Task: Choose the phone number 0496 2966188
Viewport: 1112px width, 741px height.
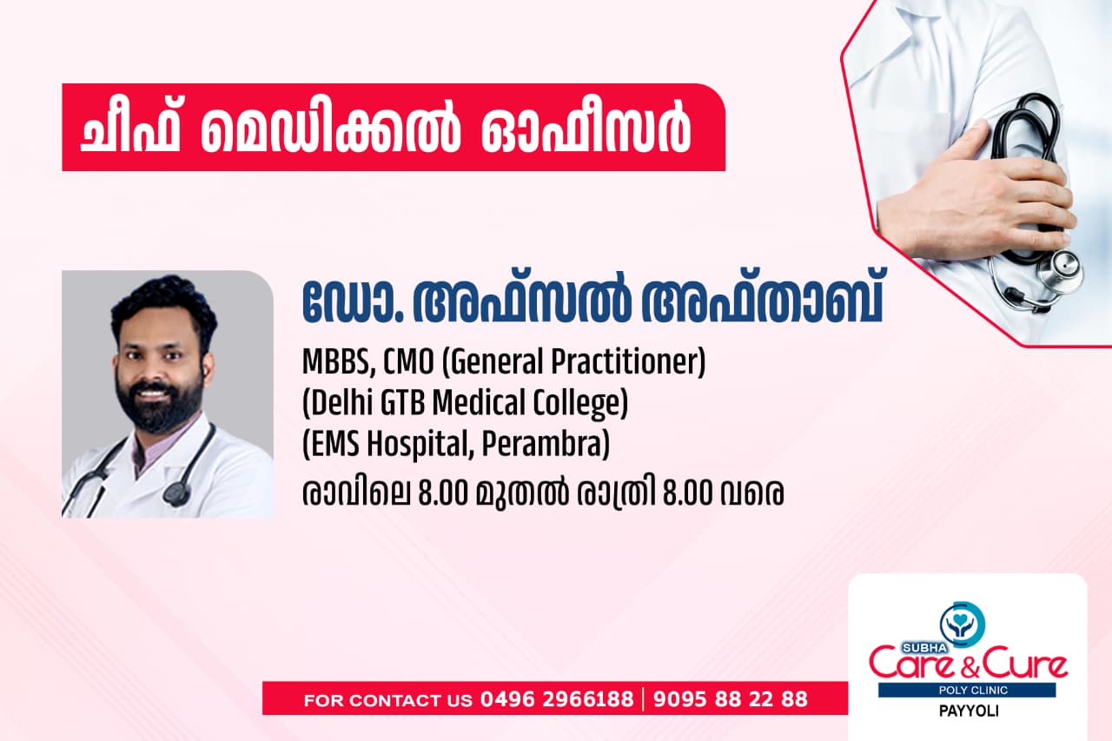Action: tap(557, 699)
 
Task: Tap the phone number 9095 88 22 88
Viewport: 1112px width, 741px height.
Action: tap(730, 699)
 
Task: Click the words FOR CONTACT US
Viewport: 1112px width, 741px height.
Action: tap(388, 700)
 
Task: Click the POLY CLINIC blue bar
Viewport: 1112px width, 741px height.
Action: tap(967, 691)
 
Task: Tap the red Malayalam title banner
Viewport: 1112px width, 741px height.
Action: tap(393, 128)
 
